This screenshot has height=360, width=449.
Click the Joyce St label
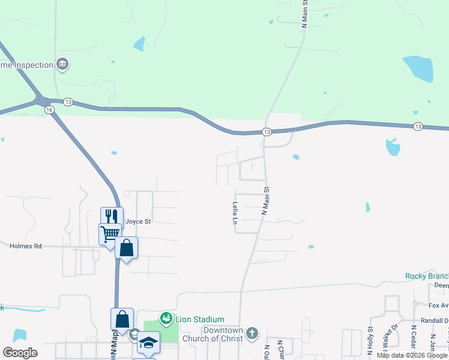[137, 221]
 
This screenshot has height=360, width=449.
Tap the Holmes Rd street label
[26, 246]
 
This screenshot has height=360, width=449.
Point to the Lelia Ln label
[235, 213]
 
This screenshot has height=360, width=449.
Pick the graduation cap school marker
[148, 342]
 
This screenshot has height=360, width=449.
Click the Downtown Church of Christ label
[222, 334]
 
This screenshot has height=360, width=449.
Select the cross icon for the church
[253, 332]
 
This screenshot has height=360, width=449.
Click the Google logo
[20, 352]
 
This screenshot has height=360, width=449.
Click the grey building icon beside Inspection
[62, 64]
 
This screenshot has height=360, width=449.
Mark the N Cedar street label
[414, 342]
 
